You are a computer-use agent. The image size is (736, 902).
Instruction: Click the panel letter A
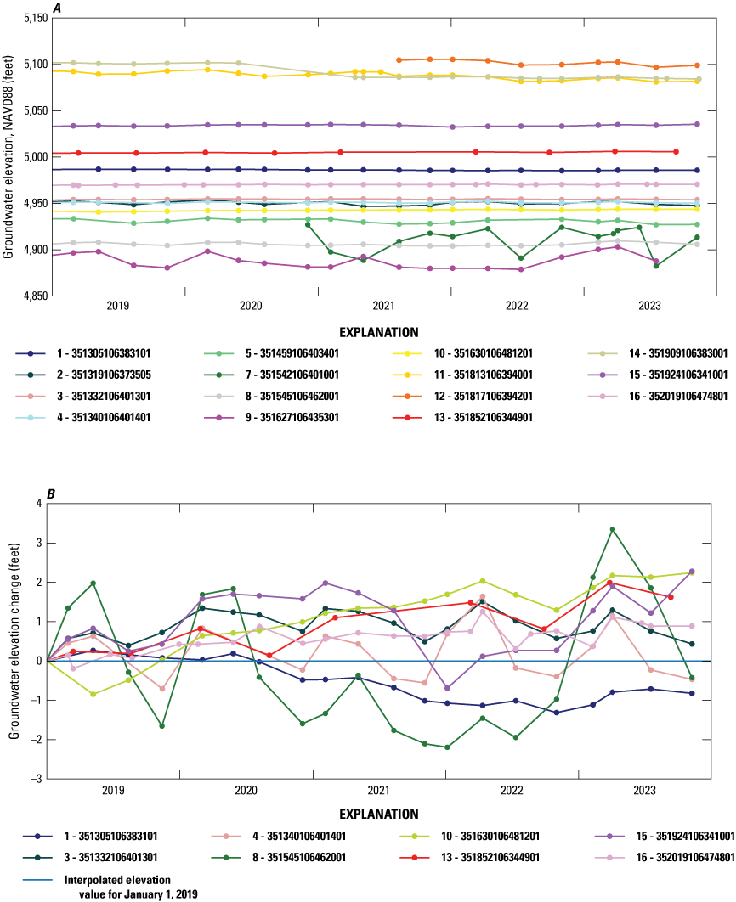point(56,7)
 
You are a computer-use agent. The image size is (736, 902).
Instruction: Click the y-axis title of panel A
point(9,156)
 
